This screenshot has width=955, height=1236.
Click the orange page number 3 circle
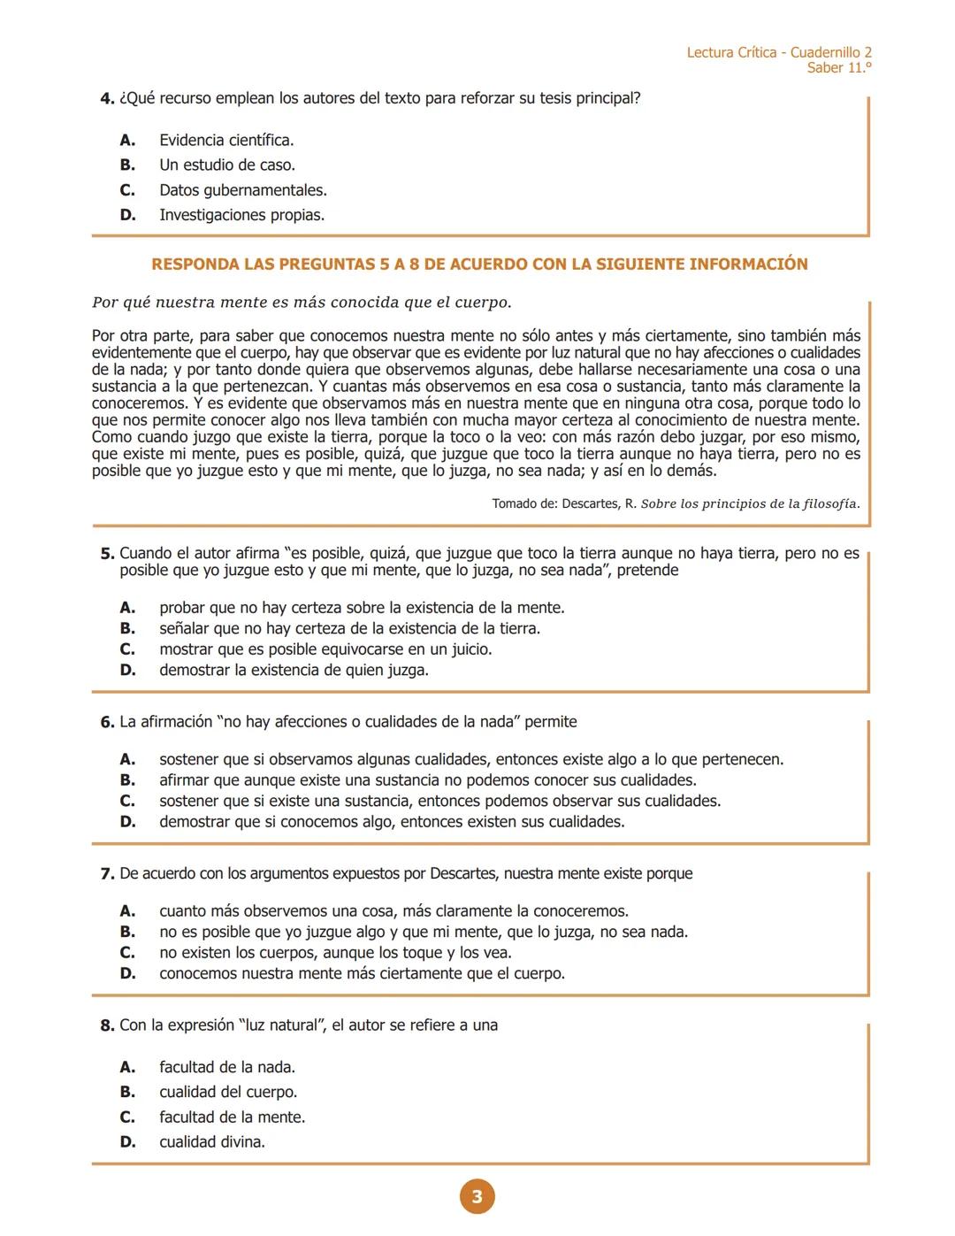tap(477, 1197)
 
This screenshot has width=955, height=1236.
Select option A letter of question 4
tap(127, 140)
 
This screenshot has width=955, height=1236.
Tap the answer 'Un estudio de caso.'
tap(227, 165)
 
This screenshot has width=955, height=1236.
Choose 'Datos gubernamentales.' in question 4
tap(243, 190)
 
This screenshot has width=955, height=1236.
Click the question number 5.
tap(107, 554)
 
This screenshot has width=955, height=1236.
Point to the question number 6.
tap(107, 722)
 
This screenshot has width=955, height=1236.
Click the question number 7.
tap(107, 874)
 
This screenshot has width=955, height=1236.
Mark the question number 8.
tap(107, 1025)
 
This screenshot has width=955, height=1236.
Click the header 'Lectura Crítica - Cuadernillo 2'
tap(779, 53)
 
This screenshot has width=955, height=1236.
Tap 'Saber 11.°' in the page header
tap(839, 68)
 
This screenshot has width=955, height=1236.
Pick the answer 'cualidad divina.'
tap(212, 1142)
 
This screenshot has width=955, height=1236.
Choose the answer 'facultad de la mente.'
tap(232, 1117)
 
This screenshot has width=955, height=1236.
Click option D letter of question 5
tap(127, 671)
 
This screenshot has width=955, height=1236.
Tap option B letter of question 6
tap(127, 780)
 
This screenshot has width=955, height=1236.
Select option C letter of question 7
tap(127, 953)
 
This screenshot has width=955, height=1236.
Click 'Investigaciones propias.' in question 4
tap(241, 215)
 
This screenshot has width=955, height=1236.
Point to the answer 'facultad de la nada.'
tap(227, 1068)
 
